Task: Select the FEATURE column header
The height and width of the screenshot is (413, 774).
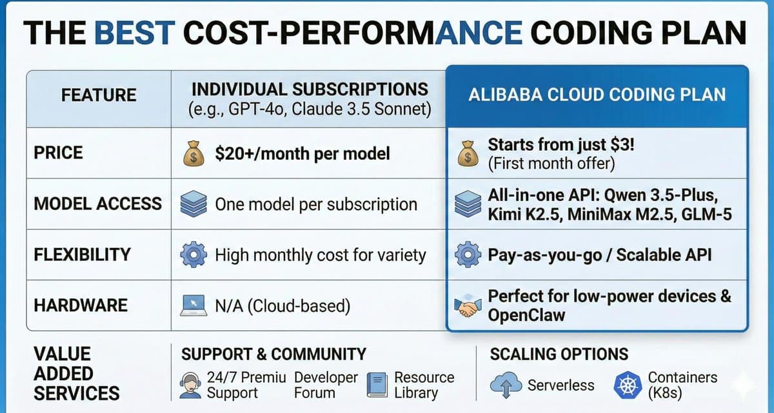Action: point(99,95)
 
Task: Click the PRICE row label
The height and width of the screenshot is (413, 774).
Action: point(59,153)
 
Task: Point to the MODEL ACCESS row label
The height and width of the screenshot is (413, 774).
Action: point(97,204)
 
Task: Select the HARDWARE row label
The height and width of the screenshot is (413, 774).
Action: point(81,305)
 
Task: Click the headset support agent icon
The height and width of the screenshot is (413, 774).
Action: point(192,385)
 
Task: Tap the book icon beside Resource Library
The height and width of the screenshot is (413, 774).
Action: point(377,385)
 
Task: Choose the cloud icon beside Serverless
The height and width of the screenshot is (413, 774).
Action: point(504,385)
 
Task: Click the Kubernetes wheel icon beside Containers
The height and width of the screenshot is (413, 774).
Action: point(626,385)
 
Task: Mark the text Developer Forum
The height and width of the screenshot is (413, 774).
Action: point(326,385)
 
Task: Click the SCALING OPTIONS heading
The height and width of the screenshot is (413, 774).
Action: point(559,354)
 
